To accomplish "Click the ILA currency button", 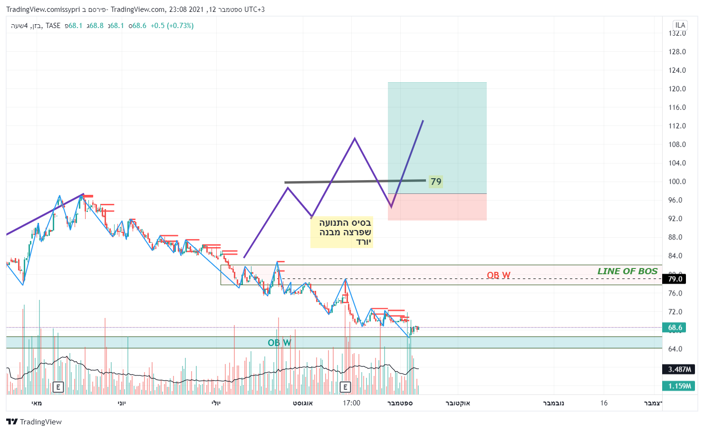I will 680,25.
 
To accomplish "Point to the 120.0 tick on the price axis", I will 677,89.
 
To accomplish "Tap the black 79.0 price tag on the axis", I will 675,279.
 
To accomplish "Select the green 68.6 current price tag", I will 675,327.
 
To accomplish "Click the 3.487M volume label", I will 679,369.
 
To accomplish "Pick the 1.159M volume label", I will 679,386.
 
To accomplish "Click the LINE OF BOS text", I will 627,271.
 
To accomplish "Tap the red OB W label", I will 498,275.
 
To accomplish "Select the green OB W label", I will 279,343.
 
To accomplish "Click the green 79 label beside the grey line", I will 435,182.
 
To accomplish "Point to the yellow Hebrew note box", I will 341,232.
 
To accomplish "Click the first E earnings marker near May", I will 58,387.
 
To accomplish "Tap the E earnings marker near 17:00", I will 345,387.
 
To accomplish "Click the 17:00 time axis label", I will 351,403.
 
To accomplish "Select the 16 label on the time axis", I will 604,403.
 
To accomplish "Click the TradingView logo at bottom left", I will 34,422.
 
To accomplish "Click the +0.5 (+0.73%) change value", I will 172,26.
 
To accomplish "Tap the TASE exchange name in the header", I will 53,26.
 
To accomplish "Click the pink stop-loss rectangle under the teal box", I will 437,207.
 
